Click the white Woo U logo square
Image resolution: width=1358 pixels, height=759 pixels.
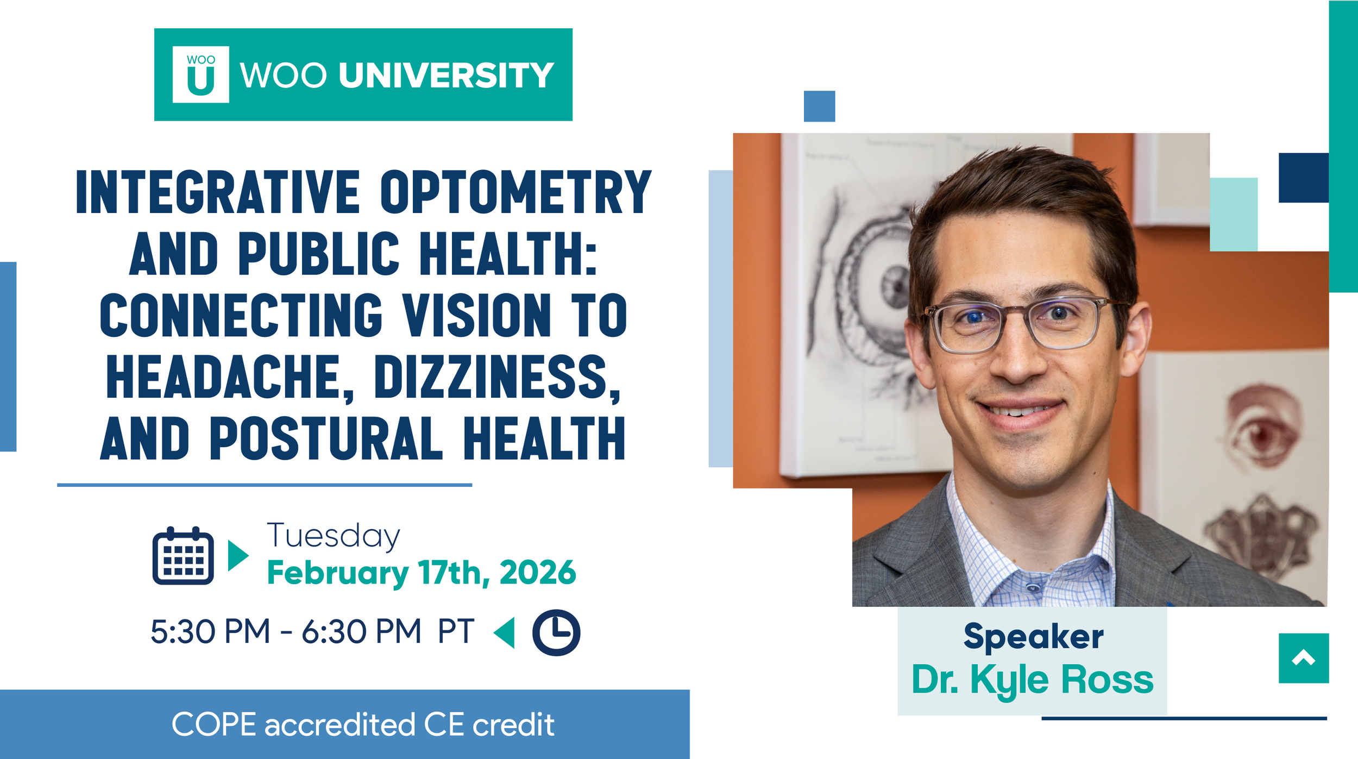click(200, 74)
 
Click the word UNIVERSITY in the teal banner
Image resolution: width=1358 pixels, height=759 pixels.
click(446, 75)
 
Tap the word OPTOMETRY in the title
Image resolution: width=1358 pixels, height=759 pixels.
click(515, 192)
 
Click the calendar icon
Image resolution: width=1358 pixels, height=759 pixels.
click(183, 556)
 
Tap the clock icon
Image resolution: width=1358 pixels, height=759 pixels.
click(556, 632)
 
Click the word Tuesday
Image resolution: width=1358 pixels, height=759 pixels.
click(334, 536)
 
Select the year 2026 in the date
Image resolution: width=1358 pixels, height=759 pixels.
click(537, 573)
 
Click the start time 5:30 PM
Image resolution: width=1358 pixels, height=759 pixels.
click(210, 632)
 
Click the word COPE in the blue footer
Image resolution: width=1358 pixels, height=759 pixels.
click(213, 725)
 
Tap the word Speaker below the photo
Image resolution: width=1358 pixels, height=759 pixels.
click(1033, 636)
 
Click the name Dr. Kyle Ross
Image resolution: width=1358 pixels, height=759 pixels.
click(1032, 680)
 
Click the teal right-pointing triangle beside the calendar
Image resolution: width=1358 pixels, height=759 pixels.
click(237, 556)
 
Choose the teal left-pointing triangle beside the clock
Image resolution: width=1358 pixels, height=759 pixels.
click(505, 632)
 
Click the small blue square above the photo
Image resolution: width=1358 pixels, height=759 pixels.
click(819, 106)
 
